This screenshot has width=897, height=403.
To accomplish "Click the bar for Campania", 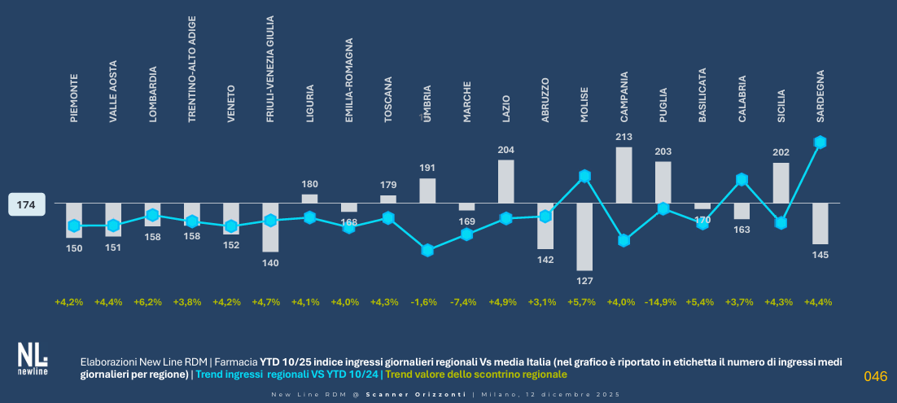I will [624, 174].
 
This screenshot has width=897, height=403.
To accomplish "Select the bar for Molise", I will [584, 236].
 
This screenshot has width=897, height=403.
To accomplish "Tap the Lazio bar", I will [505, 181].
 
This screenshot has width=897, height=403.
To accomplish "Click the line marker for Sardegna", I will [820, 142].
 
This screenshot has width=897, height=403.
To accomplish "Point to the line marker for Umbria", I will [427, 250].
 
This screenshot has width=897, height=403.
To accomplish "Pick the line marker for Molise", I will [584, 176].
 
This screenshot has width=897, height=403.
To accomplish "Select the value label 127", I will [584, 281].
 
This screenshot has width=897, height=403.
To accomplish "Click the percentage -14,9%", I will [662, 303].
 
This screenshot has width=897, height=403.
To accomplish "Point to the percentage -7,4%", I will [464, 303].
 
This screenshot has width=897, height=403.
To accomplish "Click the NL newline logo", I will [33, 359].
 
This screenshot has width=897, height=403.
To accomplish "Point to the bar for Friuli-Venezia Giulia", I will [270, 227].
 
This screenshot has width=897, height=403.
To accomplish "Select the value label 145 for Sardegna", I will [820, 255].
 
